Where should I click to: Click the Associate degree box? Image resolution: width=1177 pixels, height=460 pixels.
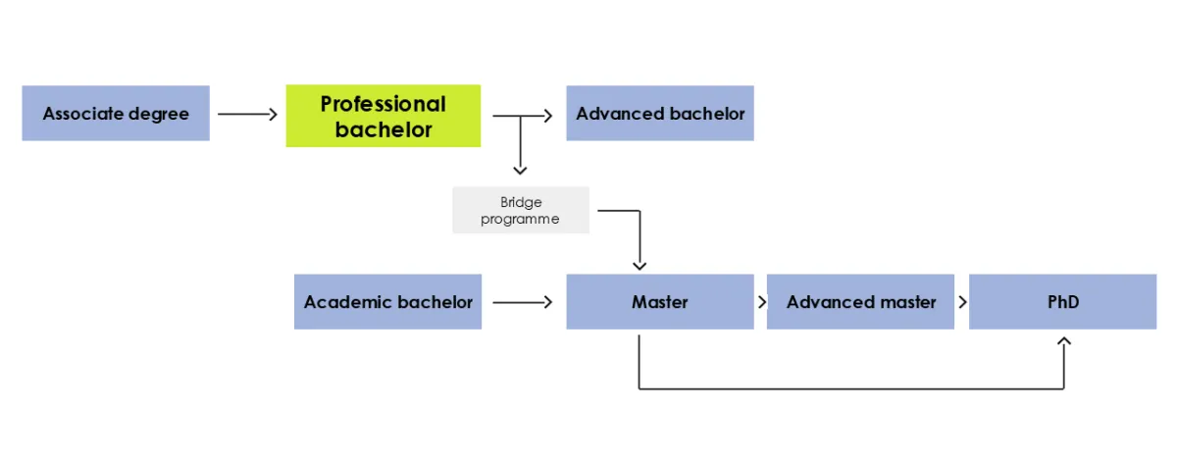[x=116, y=114]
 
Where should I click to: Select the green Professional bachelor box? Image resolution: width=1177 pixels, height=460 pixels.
[x=383, y=116]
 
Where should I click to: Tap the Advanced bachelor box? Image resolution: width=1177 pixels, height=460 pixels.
[x=660, y=114]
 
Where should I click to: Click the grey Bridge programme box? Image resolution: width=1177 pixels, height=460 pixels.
[x=521, y=210]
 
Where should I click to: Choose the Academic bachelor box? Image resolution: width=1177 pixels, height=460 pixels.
[x=388, y=302]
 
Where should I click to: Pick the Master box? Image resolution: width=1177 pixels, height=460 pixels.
[x=660, y=302]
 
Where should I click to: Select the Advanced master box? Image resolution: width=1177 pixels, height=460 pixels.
[x=860, y=302]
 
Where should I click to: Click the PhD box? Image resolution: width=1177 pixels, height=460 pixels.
[x=1063, y=302]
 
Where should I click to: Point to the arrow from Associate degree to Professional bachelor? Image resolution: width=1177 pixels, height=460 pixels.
[x=248, y=115]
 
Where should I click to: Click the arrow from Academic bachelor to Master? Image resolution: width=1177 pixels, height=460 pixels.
[x=523, y=302]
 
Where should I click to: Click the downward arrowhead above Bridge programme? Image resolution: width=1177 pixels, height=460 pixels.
[x=520, y=170]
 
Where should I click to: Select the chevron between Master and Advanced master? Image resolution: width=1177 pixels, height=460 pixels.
[x=762, y=302]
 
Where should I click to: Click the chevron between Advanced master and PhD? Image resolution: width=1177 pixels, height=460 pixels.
[x=962, y=302]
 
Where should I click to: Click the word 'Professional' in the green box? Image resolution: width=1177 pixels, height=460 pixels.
[x=383, y=104]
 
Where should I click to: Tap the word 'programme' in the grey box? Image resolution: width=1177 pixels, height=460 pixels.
[x=520, y=219]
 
